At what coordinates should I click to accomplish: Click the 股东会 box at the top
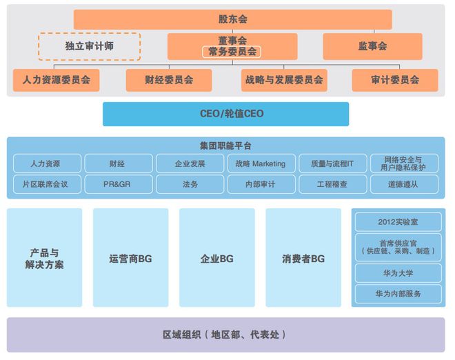(232, 19)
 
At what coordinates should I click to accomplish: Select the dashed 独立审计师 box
(89, 46)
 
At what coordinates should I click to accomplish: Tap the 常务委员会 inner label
(232, 52)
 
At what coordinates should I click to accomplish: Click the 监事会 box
(373, 46)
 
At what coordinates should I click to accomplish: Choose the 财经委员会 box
(169, 80)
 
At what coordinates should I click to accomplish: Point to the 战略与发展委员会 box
(284, 80)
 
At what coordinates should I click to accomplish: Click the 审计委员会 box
(395, 80)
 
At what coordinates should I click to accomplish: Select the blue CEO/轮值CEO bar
(226, 114)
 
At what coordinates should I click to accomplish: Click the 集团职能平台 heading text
(226, 146)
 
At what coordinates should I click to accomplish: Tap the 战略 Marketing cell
(261, 163)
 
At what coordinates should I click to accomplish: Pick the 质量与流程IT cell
(332, 163)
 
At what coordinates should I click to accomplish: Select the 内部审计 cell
(261, 184)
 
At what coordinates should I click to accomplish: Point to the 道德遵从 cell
(405, 184)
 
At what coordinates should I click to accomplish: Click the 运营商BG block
(130, 259)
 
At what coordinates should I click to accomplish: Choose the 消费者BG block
(303, 259)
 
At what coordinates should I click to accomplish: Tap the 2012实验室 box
(398, 222)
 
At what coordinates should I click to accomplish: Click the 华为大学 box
(398, 273)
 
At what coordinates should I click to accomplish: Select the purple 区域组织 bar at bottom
(226, 334)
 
